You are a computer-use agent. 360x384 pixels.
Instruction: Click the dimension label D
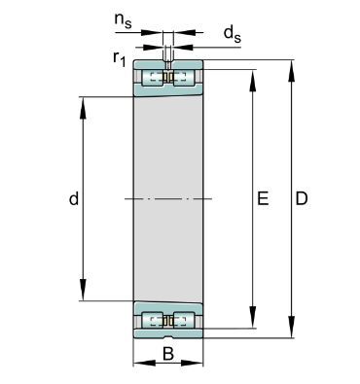pos(302,198)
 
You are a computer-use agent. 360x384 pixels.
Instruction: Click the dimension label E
pos(263,198)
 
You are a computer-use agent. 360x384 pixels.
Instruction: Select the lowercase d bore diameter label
pos(74,198)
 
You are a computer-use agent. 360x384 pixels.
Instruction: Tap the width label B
pos(168,354)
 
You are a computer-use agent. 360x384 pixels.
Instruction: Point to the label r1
pos(119,58)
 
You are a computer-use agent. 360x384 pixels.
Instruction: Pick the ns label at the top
pos(123,21)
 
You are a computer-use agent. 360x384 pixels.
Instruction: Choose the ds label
pos(233,34)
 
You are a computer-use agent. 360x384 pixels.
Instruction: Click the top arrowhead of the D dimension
pos(292,70)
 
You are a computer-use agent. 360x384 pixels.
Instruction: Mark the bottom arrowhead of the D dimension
pos(292,328)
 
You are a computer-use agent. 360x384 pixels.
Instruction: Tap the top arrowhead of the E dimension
pos(253,80)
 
